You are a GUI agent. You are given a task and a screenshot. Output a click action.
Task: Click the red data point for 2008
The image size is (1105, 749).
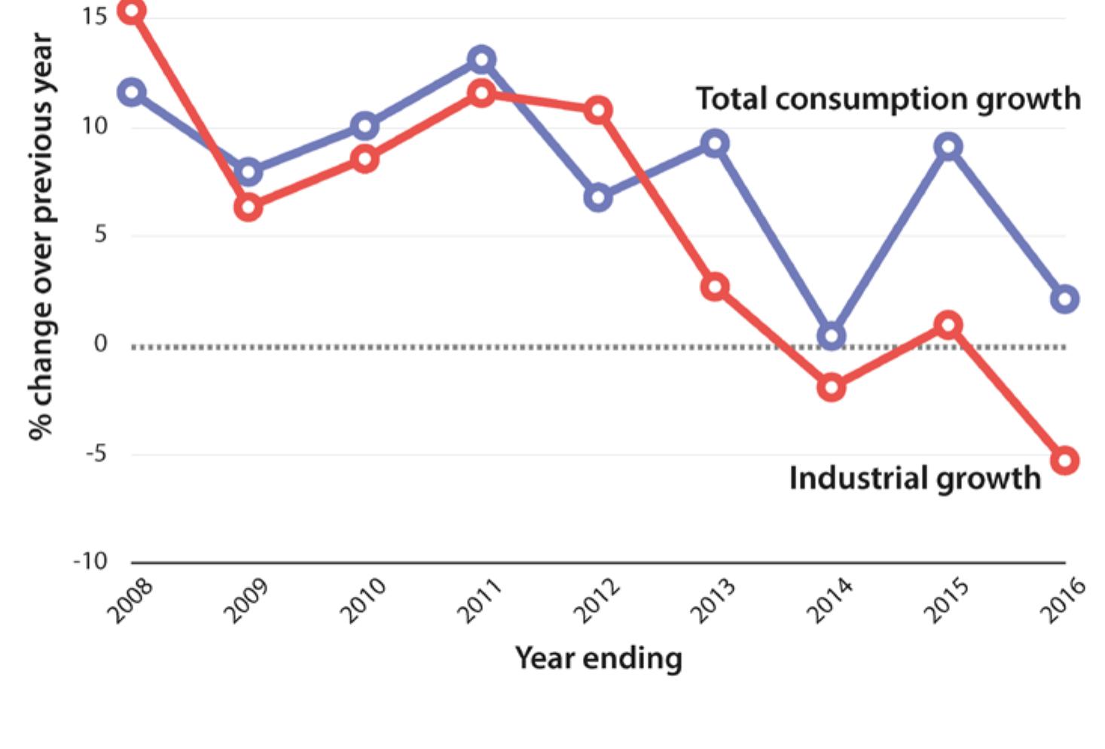(x=132, y=11)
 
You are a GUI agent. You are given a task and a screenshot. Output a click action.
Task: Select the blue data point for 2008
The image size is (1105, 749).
(x=132, y=93)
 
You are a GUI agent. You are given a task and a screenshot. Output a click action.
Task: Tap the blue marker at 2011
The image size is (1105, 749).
(x=481, y=60)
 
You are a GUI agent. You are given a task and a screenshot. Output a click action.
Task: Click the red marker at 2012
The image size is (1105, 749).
(x=598, y=111)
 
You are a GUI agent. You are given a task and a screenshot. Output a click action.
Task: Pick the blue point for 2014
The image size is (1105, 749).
(x=831, y=335)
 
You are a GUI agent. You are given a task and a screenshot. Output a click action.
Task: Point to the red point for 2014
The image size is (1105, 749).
(x=831, y=387)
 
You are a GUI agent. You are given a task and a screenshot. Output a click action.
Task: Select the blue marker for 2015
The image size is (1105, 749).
(x=948, y=146)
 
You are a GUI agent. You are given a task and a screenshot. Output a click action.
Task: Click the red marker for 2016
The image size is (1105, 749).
(x=1064, y=460)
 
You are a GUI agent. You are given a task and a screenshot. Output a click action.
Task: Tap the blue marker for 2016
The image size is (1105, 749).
(x=1064, y=299)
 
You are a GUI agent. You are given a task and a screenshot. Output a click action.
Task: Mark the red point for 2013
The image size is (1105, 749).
(x=714, y=287)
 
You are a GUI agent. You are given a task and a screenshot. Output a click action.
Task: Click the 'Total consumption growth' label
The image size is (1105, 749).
(x=887, y=99)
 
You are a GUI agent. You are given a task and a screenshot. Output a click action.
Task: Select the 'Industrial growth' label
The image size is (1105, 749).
(x=914, y=478)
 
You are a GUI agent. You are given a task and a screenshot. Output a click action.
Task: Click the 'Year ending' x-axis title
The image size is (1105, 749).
(x=598, y=658)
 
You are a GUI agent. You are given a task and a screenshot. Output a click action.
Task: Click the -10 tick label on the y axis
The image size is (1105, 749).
(x=90, y=561)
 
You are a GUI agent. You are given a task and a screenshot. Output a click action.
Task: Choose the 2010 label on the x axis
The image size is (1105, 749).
(x=363, y=600)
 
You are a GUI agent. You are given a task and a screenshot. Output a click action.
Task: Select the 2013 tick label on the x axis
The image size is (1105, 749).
(x=713, y=600)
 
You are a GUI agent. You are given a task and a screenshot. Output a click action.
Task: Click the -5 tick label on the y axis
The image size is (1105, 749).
(x=96, y=454)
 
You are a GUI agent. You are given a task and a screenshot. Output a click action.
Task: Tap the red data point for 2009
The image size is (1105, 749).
(x=248, y=207)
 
